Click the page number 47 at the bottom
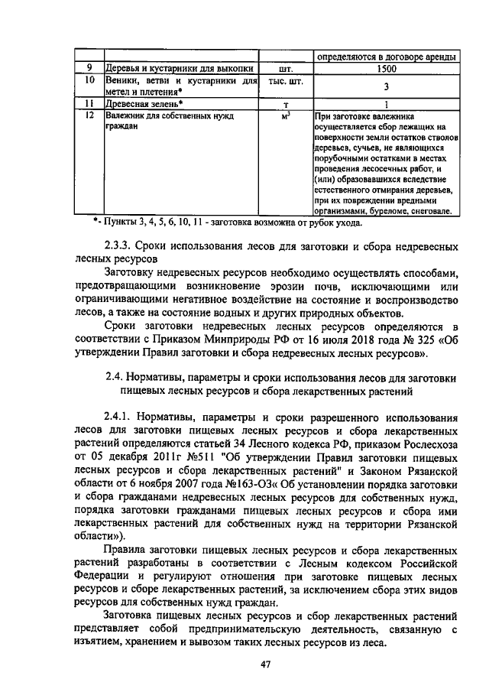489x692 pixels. pyautogui.click(x=266, y=664)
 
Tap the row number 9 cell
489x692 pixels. pyautogui.click(x=89, y=68)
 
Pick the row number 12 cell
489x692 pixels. pyautogui.click(x=89, y=115)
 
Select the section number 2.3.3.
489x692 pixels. pyautogui.click(x=121, y=249)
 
